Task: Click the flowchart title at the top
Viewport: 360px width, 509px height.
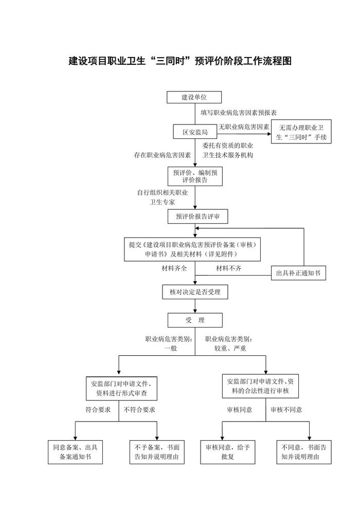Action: coord(180,61)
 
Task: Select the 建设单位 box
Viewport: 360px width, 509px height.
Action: coord(194,97)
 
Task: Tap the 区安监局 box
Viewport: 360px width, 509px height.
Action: coord(194,132)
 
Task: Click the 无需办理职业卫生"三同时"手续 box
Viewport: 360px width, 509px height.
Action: coord(301,132)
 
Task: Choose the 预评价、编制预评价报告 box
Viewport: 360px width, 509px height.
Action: coord(194,176)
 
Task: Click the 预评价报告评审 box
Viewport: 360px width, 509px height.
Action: coord(194,217)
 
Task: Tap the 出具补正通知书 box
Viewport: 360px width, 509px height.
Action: coord(298,273)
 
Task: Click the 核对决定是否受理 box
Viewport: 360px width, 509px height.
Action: coord(194,292)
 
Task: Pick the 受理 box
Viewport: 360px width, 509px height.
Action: coord(194,320)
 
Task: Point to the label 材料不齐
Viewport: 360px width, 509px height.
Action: coord(228,268)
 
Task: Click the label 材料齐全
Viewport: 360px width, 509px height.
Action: coord(175,268)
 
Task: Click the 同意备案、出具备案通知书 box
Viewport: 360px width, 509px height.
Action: coord(75,451)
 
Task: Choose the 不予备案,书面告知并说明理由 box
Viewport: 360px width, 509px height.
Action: coord(157,451)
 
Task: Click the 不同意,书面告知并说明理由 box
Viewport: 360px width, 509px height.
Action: coord(303,451)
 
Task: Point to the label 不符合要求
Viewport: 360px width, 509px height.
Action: coord(139,410)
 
